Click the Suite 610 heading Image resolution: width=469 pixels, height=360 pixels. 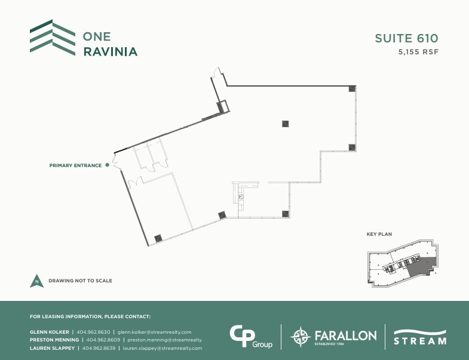406,38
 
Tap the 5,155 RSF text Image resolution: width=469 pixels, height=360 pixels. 418,52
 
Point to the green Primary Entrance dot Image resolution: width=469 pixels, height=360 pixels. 108,165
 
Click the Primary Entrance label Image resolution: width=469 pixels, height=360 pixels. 75,165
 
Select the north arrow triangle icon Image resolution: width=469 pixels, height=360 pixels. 37,281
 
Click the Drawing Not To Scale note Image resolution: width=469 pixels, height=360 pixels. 80,281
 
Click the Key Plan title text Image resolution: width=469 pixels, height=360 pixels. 379,235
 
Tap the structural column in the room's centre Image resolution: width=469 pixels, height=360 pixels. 286,124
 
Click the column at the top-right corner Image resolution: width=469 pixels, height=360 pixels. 352,88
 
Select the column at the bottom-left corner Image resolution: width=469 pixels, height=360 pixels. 158,238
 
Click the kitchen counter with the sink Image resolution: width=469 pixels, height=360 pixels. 241,195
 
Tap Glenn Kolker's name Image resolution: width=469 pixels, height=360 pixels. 49,332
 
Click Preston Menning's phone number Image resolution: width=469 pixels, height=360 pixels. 100,340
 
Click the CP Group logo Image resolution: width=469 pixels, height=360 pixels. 251,336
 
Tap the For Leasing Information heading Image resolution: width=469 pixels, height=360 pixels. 90,316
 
